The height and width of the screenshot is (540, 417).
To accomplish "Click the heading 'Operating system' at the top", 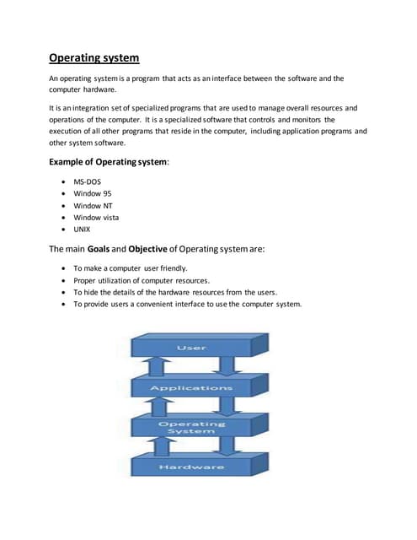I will (94, 58).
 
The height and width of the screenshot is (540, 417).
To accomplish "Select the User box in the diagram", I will (191, 348).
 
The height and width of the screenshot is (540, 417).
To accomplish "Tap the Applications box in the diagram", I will (191, 388).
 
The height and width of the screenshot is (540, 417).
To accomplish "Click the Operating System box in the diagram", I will (191, 428).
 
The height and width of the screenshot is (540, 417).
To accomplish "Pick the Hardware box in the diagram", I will (191, 467).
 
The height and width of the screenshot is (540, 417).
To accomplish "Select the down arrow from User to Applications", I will (228, 366).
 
